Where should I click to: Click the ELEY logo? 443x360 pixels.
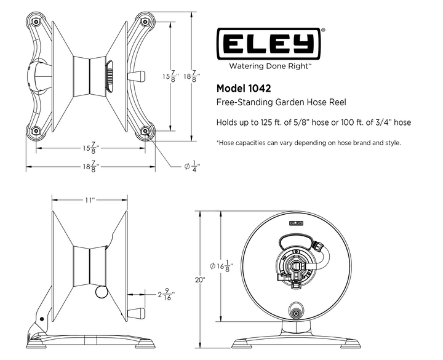(269, 44)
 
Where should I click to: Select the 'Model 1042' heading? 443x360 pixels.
(244, 89)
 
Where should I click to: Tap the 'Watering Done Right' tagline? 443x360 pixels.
(269, 66)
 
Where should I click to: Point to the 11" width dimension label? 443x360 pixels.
(90, 200)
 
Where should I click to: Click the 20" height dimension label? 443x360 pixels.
(200, 280)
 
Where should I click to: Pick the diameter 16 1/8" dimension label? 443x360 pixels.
(221, 266)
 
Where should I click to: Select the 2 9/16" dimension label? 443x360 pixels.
(166, 294)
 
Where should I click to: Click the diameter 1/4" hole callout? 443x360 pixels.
(192, 166)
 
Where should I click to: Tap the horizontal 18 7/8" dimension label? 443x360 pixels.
(91, 166)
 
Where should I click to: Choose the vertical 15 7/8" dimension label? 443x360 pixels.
(170, 76)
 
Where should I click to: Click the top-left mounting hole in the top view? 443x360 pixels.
(36, 22)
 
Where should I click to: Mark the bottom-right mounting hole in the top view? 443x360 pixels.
(145, 131)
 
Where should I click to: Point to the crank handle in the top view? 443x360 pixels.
(136, 76)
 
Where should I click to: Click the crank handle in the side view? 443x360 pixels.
(136, 313)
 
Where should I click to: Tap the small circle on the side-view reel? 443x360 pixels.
(102, 292)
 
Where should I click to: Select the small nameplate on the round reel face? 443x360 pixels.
(296, 223)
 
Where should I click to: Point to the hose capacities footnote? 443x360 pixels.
(309, 143)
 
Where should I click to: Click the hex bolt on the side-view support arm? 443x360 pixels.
(42, 319)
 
